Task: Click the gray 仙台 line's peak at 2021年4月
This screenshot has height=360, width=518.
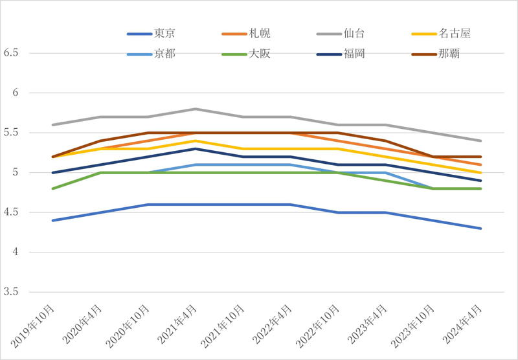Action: [196, 109]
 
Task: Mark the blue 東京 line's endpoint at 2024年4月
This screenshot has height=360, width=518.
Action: [480, 229]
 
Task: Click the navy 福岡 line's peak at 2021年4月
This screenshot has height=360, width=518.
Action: [196, 149]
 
